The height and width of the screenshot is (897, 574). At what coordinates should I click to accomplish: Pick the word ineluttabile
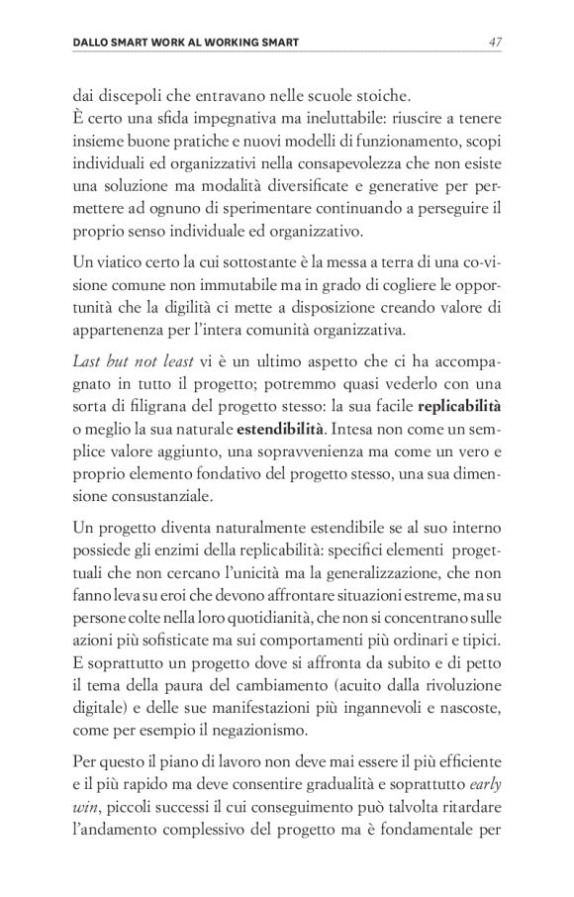[x=297, y=119]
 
